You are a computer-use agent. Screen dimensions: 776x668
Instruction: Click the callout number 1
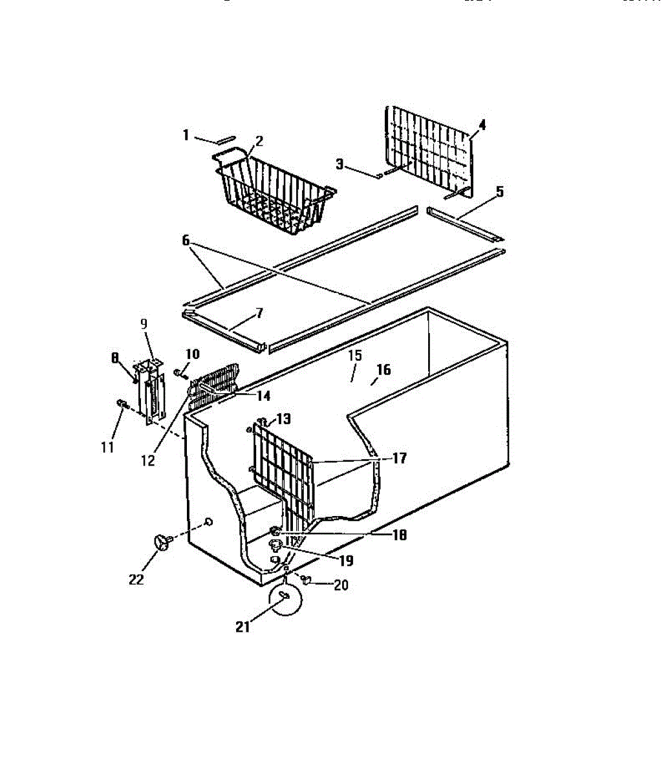186,135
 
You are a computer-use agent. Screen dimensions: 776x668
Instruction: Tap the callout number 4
481,124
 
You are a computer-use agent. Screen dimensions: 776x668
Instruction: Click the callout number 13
283,418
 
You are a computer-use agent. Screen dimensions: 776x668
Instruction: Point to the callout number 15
354,355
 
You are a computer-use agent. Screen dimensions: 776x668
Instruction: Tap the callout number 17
398,458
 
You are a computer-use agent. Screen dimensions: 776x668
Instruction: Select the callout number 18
399,535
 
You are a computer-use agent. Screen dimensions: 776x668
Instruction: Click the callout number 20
340,585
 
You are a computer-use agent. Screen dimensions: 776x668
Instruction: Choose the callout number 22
136,579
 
